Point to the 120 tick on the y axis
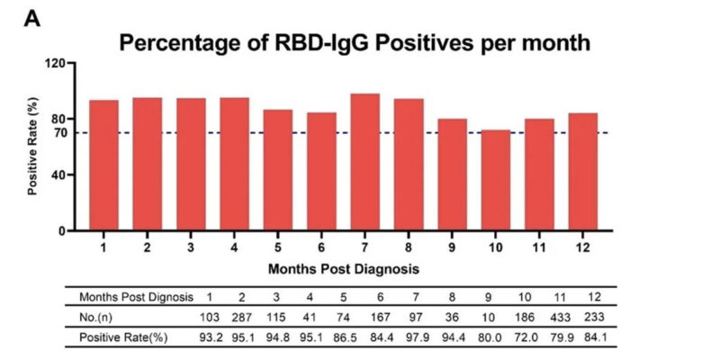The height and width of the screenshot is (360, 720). [x=55, y=63]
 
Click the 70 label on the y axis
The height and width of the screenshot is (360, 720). [x=58, y=133]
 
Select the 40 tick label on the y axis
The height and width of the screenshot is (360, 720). [x=58, y=175]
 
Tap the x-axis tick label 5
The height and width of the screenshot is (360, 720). [x=278, y=244]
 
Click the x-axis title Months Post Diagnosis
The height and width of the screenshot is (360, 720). [x=343, y=267]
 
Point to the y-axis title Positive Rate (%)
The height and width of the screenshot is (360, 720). [x=32, y=147]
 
